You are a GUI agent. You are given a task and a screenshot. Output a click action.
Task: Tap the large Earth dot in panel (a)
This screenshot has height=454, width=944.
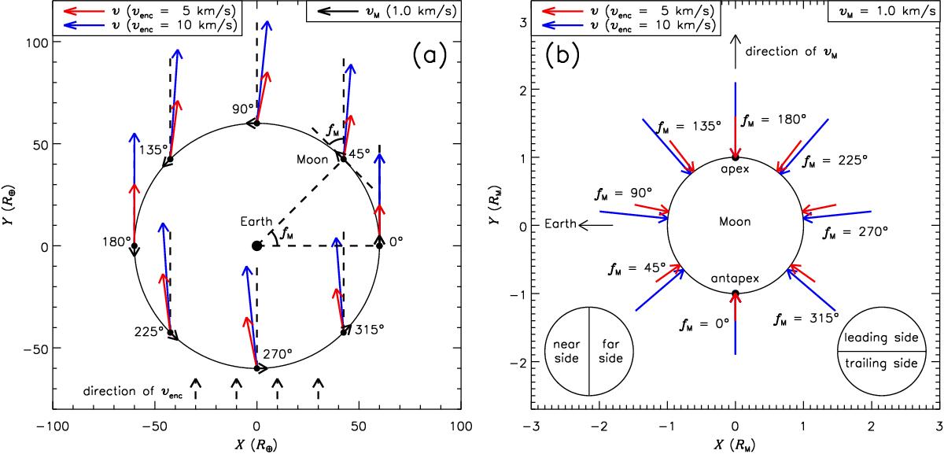coord(256,245)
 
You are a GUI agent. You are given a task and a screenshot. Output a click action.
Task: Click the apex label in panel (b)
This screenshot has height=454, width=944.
coord(735,168)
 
